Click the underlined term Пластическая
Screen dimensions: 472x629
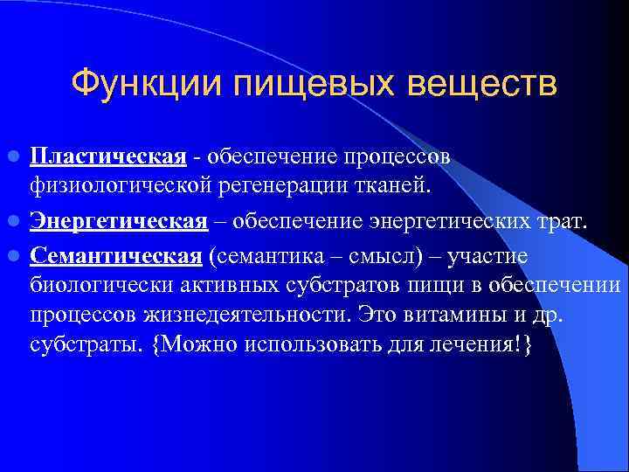108,156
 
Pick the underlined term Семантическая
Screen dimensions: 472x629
116,254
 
